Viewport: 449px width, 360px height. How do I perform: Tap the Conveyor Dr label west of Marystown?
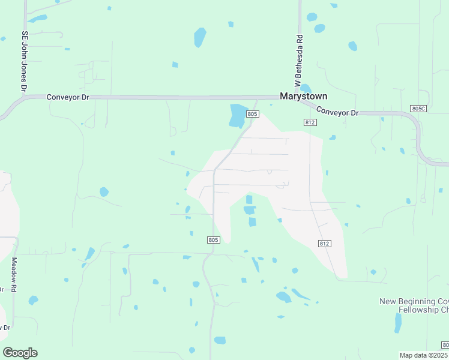point(68,97)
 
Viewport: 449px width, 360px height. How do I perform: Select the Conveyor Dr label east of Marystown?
point(337,111)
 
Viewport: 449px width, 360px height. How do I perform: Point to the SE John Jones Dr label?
point(25,62)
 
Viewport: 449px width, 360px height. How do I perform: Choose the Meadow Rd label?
point(14,275)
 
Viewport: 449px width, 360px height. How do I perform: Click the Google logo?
point(20,353)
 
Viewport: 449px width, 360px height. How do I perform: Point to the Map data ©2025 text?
point(424,355)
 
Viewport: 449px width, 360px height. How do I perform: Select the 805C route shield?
point(418,108)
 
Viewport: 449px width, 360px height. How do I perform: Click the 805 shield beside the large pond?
point(252,114)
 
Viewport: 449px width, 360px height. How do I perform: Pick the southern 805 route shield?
point(214,240)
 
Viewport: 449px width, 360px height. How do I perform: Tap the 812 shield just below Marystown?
point(310,122)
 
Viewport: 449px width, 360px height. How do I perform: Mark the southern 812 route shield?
point(324,243)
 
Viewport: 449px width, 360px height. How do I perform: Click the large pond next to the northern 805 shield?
point(237,115)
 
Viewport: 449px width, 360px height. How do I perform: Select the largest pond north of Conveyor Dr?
point(200,37)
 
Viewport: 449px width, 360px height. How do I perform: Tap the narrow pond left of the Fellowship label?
point(397,322)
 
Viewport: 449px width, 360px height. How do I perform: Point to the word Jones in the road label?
point(25,63)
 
